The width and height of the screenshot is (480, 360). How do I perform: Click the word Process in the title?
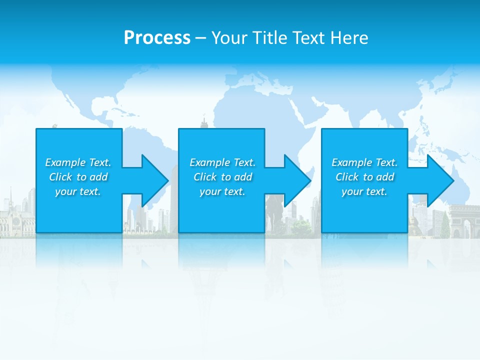tap(157, 37)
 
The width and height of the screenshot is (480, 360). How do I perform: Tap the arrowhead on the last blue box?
tap(439, 180)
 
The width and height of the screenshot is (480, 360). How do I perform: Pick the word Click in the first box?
tap(60, 177)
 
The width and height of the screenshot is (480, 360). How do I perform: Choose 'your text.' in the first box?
tap(78, 191)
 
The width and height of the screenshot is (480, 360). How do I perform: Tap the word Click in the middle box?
tap(205, 177)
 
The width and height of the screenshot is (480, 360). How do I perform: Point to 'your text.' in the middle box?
tap(222, 191)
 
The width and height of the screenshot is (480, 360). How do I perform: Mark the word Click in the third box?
tap(347, 177)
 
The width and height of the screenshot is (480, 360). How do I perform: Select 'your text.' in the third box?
tap(364, 191)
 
